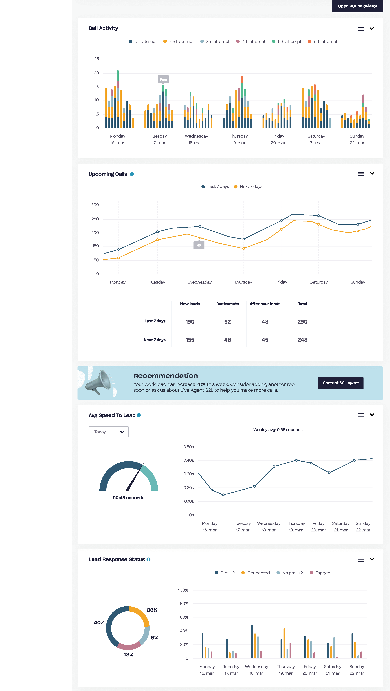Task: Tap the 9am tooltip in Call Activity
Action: (x=163, y=79)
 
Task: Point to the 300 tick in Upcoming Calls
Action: (x=95, y=205)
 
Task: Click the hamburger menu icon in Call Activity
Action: (x=361, y=29)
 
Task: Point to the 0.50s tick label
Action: (x=189, y=447)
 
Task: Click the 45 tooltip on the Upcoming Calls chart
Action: (x=199, y=245)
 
